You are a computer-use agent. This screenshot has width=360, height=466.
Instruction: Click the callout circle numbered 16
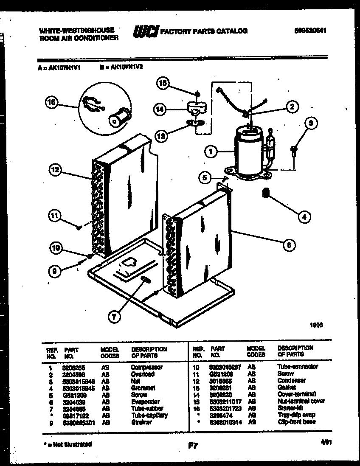(52, 102)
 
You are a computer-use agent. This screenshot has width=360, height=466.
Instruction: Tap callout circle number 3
(311, 124)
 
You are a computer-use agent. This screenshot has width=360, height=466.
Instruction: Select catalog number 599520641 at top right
(312, 31)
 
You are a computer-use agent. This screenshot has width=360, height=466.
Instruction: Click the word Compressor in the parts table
(146, 367)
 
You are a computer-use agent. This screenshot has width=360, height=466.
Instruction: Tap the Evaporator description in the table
(145, 401)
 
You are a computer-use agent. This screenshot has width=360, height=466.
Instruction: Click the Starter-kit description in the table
(291, 407)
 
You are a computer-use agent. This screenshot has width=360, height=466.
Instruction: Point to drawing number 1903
(317, 325)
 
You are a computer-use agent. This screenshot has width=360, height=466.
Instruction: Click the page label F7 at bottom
(192, 446)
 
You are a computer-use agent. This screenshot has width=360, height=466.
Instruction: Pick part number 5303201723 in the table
(225, 408)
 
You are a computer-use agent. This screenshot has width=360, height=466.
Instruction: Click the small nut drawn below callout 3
(293, 149)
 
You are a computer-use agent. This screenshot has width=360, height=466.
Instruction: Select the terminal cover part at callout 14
(194, 108)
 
